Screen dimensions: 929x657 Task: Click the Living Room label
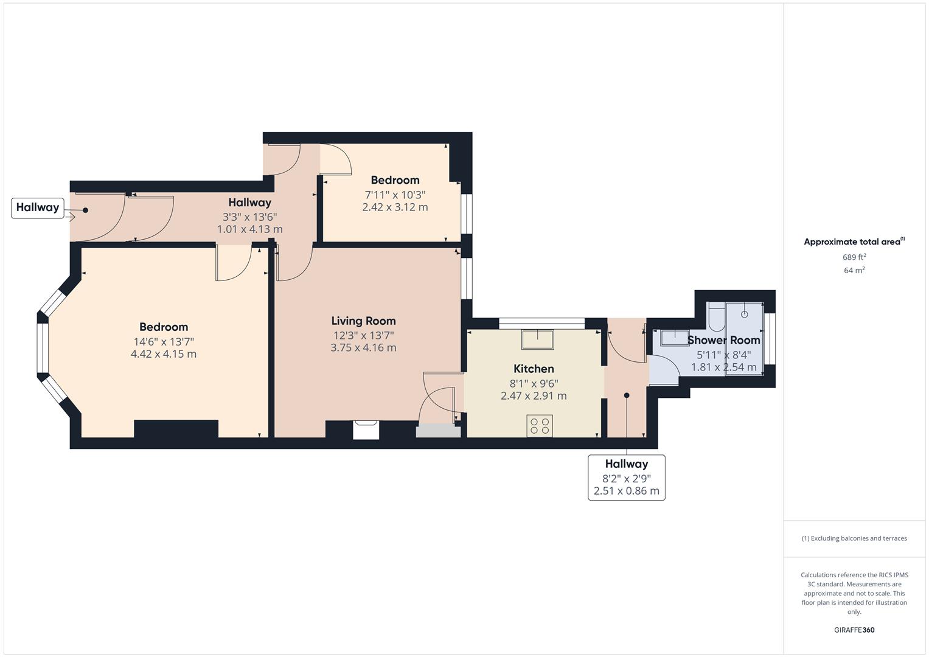(363, 321)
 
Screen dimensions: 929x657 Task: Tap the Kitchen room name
(534, 369)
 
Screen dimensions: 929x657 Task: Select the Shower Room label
(724, 340)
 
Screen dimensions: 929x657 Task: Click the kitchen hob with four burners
(540, 426)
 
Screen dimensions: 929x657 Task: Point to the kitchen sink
(537, 339)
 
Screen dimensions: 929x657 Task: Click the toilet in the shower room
(716, 316)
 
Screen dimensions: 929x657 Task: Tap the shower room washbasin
(675, 338)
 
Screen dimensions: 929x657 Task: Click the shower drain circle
(745, 314)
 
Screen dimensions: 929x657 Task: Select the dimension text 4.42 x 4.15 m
(164, 354)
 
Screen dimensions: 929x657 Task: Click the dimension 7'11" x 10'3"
(395, 195)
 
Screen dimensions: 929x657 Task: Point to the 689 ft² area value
(854, 257)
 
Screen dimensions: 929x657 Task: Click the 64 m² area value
(854, 271)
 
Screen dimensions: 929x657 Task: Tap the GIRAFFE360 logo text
(854, 630)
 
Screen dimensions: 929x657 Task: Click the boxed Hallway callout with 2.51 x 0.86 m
(627, 478)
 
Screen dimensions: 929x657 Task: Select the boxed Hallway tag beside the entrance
(38, 208)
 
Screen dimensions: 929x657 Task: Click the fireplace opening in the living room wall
(366, 429)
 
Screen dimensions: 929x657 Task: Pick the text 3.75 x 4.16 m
(363, 348)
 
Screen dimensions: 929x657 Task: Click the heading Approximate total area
(854, 242)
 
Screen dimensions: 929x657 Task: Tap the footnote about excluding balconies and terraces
(854, 538)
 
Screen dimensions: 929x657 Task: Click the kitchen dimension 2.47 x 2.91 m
(534, 396)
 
